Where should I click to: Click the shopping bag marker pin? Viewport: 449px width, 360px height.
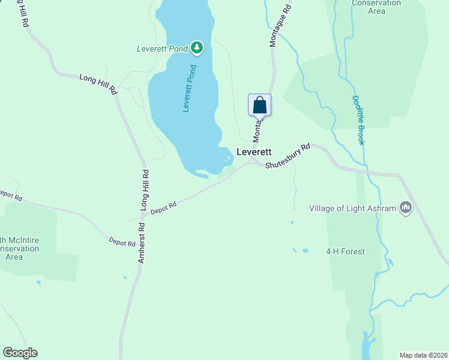pyautogui.click(x=259, y=105)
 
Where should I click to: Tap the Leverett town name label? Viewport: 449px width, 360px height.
pyautogui.click(x=255, y=152)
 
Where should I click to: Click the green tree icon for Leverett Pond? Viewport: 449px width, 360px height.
pyautogui.click(x=197, y=47)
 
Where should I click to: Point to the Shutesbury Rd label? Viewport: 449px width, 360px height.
pyautogui.click(x=289, y=155)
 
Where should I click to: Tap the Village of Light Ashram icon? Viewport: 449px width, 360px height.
pyautogui.click(x=406, y=208)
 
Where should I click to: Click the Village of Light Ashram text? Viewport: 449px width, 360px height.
pyautogui.click(x=353, y=208)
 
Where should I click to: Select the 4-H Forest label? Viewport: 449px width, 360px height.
pyautogui.click(x=345, y=251)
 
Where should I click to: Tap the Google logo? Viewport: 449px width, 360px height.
pyautogui.click(x=20, y=353)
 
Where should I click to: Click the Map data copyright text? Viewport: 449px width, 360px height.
pyautogui.click(x=423, y=355)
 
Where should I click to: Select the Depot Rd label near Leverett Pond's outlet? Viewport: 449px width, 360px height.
pyautogui.click(x=163, y=207)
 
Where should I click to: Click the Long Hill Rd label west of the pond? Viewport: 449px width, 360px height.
pyautogui.click(x=98, y=84)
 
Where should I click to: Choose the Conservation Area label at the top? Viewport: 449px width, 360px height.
pyautogui.click(x=376, y=7)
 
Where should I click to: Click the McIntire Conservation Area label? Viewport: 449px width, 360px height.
pyautogui.click(x=18, y=248)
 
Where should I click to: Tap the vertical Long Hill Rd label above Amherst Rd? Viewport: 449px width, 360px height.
pyautogui.click(x=145, y=189)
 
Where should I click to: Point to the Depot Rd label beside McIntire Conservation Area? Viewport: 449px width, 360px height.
pyautogui.click(x=122, y=242)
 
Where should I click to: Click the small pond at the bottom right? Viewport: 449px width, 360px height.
pyautogui.click(x=366, y=347)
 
